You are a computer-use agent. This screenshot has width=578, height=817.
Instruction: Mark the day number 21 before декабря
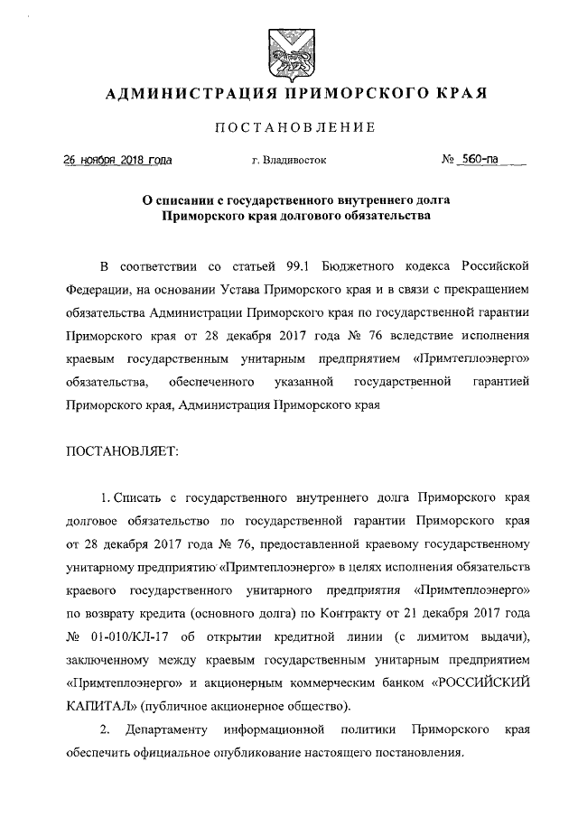(422, 614)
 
